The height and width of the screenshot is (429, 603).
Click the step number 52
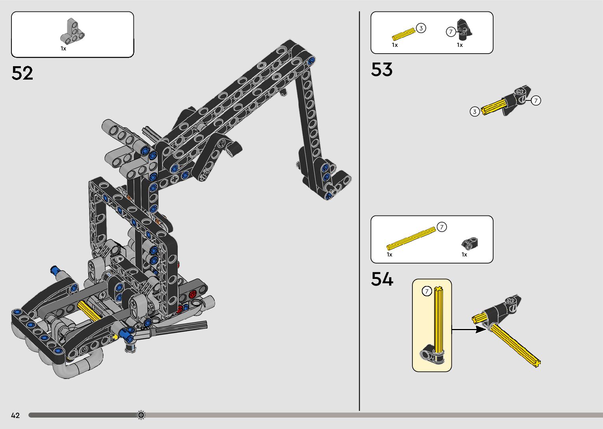coord(22,73)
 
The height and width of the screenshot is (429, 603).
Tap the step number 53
coord(382,69)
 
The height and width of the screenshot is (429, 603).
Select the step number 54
coord(382,279)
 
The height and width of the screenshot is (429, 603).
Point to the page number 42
coord(15,415)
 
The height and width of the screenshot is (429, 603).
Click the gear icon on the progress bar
coord(141,415)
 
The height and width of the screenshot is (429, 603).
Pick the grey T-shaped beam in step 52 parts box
coord(72,32)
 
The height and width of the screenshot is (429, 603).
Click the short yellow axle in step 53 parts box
coord(404,34)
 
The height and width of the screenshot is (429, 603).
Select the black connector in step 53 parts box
coord(465,28)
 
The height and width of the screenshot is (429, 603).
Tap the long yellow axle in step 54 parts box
coord(411,238)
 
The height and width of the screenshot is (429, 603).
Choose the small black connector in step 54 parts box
coord(470,243)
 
